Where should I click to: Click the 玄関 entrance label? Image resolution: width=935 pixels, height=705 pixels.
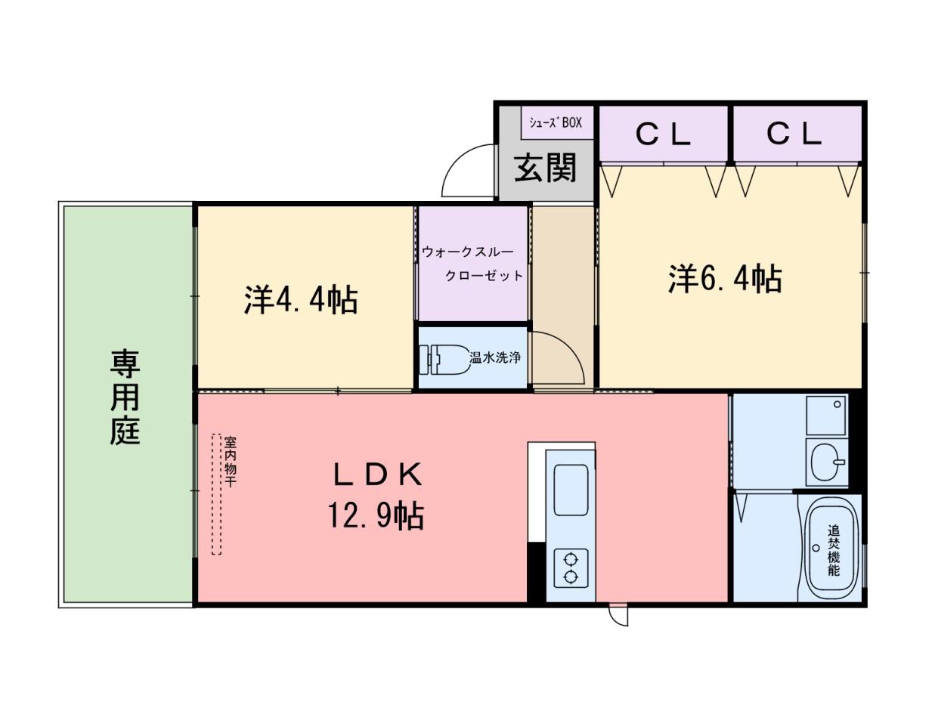coord(545,167)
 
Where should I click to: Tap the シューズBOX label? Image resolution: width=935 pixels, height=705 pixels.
coord(555,122)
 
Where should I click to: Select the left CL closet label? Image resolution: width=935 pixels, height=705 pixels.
coord(662,135)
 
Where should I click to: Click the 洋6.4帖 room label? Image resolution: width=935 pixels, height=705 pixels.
coord(725,279)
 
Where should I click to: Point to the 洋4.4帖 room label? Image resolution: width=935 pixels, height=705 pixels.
coord(301,300)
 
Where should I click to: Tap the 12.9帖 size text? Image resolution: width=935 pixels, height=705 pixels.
coord(375,516)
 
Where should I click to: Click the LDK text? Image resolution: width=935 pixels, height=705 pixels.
coord(378,474)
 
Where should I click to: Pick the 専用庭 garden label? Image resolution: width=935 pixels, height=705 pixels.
coord(125,397)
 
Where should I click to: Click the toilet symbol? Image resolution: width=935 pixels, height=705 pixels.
coord(444,359)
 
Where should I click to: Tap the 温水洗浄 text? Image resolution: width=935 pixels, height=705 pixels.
coord(495,357)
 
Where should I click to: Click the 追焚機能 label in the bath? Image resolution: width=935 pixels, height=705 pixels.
coord(834,550)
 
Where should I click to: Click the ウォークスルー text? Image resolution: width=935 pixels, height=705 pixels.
coord(467,252)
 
